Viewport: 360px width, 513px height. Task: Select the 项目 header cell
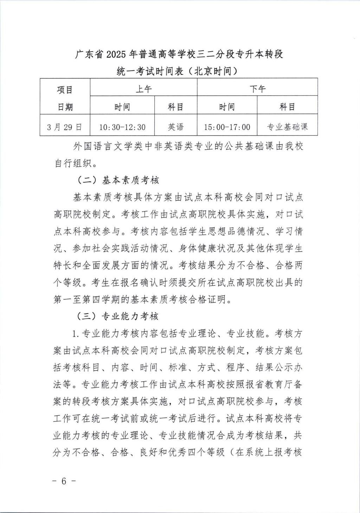(x=65, y=90)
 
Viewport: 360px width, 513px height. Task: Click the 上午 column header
(x=143, y=89)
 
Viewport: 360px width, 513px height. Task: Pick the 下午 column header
(x=257, y=89)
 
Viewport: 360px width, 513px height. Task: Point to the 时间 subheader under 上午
(x=122, y=107)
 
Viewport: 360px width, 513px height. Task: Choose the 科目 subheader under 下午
(x=287, y=107)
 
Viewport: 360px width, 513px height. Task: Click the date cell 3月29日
(x=65, y=127)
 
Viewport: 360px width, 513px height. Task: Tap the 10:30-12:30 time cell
(x=122, y=127)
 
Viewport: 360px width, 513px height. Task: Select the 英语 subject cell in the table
(x=176, y=127)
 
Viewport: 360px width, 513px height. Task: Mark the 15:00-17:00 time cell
(x=227, y=127)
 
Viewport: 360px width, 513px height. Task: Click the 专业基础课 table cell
(x=287, y=127)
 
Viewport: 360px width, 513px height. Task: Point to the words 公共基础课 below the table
(x=250, y=147)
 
